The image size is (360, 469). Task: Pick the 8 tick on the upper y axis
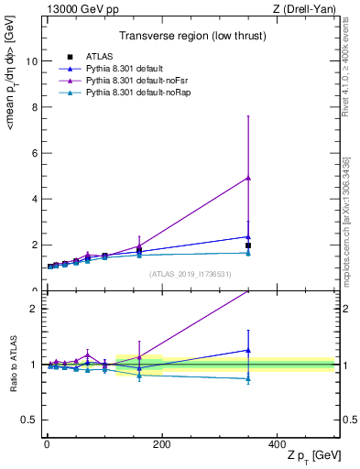pyautogui.click(x=34, y=106)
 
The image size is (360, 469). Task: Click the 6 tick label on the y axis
pyautogui.click(x=34, y=152)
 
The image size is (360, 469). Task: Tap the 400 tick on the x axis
pyautogui.click(x=278, y=444)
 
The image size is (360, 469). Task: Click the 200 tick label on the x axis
pyautogui.click(x=162, y=444)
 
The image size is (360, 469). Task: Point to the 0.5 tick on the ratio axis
pyautogui.click(x=29, y=420)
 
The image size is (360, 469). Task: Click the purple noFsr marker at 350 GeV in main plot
pyautogui.click(x=248, y=178)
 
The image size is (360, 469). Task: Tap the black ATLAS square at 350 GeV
pyautogui.click(x=248, y=245)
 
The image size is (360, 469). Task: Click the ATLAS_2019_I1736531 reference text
pyautogui.click(x=191, y=274)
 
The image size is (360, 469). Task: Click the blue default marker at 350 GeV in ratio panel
pyautogui.click(x=248, y=350)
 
